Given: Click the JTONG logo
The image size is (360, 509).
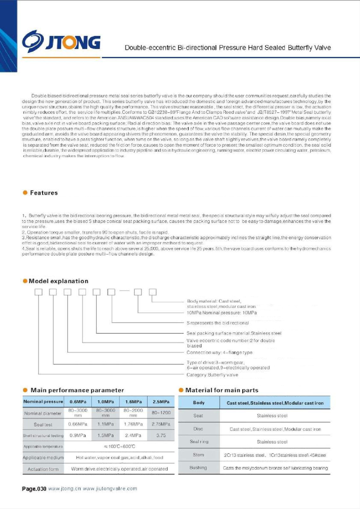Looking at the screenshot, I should pos(61,41).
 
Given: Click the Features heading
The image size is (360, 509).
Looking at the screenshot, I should pos(44,193).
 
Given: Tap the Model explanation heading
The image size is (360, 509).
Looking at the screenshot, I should pos(58,281).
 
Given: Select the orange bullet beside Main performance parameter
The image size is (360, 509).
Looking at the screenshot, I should pos(25,390).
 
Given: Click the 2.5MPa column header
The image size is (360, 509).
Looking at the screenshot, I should pos(161,401).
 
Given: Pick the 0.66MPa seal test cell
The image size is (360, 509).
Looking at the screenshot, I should pos(78,424).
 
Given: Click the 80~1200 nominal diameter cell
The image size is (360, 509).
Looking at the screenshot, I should pos(161,413).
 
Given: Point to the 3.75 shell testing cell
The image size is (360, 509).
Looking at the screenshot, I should pos(161,435).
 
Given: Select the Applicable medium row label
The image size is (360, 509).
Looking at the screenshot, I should pos(43,457).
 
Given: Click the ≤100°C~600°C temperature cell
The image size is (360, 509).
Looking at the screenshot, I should pos(119,446).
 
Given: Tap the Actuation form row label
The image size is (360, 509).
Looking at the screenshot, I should pos(43,469).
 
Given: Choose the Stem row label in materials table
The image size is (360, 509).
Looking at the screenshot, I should pos(198,455).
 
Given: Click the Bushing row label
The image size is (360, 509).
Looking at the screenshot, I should pos(198,468).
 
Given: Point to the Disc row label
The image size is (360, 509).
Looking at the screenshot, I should pos(198,429).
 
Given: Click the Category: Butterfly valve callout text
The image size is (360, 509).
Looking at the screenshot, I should pos(212,375).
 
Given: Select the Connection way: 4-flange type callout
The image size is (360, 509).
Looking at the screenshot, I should pos(219,352).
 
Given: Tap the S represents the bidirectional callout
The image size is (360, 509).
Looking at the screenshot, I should pos(218,323).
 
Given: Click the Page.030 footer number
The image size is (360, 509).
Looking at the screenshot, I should pos(34,489).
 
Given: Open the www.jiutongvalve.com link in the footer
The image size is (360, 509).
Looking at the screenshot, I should pos(110,489).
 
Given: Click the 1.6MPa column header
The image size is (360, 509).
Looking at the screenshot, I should pos(133,401).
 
